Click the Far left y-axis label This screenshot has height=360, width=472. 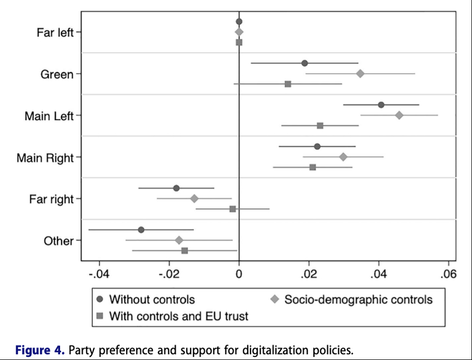[55, 32]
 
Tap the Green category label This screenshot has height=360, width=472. [57, 75]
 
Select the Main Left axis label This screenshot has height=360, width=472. [49, 116]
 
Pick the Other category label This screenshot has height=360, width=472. [58, 241]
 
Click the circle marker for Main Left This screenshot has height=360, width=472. [381, 105]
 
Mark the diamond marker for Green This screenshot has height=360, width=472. [360, 74]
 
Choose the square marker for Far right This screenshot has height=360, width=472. [233, 209]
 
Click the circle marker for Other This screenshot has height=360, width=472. [141, 230]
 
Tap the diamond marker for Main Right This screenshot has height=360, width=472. [343, 157]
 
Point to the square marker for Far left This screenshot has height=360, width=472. [239, 42]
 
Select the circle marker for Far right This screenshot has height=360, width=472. [176, 188]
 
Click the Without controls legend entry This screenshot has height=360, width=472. [151, 299]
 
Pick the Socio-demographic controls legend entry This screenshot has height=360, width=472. [358, 299]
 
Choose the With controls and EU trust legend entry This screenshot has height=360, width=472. [179, 316]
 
